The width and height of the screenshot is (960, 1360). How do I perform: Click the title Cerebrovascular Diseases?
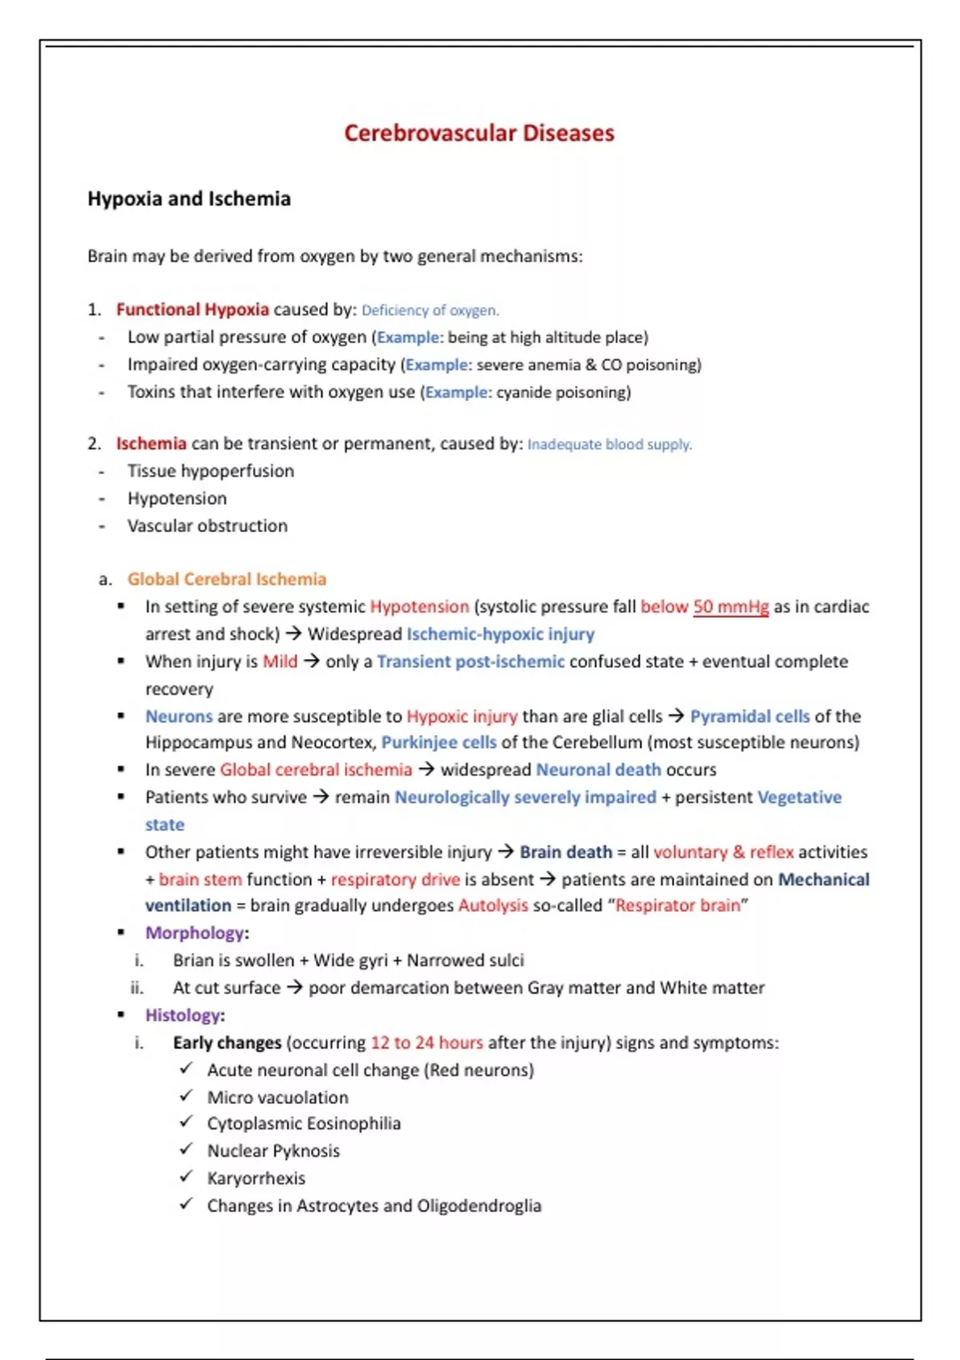(479, 133)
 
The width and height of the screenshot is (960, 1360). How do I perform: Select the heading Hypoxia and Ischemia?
(189, 199)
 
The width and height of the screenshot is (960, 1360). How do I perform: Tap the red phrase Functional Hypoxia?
(192, 310)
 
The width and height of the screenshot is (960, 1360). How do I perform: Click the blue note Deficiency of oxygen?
(430, 310)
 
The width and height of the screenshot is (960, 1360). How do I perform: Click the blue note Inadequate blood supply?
(610, 445)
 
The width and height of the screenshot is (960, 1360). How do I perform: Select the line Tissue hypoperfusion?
(210, 471)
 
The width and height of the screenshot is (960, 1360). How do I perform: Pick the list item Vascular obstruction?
(207, 526)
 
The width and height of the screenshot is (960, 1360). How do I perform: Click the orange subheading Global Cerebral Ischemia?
(226, 579)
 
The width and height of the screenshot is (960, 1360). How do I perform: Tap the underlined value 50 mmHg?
(730, 607)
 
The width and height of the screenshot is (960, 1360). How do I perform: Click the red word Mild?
(280, 662)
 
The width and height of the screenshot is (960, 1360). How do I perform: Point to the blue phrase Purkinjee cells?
(438, 742)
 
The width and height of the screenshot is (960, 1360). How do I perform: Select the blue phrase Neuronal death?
(598, 770)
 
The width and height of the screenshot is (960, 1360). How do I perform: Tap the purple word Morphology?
(194, 933)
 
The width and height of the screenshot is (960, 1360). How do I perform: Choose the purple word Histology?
(182, 1015)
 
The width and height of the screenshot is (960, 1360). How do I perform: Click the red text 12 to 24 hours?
(426, 1043)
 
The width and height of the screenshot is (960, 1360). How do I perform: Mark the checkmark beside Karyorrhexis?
(186, 1177)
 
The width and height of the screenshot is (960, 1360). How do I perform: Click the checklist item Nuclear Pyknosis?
(273, 1151)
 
